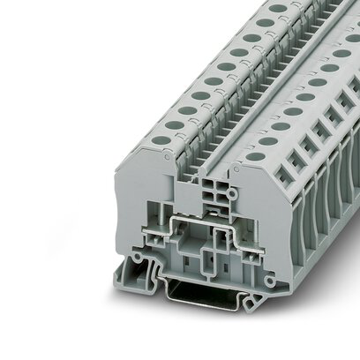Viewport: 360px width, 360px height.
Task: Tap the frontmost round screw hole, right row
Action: (257, 156)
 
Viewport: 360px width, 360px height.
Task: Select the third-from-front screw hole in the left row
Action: (188, 111)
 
